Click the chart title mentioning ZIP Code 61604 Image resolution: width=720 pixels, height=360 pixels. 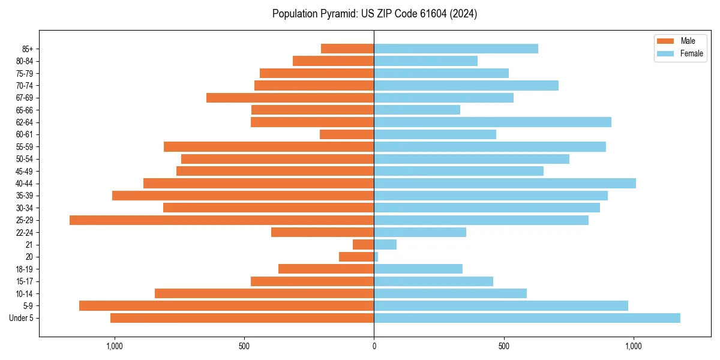pyautogui.click(x=374, y=14)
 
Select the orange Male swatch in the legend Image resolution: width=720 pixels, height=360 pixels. pyautogui.click(x=665, y=41)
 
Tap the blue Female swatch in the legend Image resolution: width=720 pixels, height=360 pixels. pyautogui.click(x=665, y=53)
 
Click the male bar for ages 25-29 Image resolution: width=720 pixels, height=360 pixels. pyautogui.click(x=221, y=220)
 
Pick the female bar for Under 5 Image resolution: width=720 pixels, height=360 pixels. pyautogui.click(x=527, y=318)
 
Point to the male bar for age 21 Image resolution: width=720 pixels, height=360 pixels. pyautogui.click(x=364, y=245)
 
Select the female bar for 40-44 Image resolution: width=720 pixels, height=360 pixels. pyautogui.click(x=505, y=184)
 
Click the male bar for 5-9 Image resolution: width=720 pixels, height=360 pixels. pyautogui.click(x=226, y=306)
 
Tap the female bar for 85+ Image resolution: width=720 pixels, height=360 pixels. pyautogui.click(x=456, y=49)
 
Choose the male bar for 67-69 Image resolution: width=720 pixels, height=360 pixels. pyautogui.click(x=290, y=98)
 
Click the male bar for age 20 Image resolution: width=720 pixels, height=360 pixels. pyautogui.click(x=356, y=257)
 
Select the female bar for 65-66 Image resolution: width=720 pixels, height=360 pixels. pyautogui.click(x=417, y=110)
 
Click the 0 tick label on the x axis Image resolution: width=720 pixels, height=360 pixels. pyautogui.click(x=374, y=346)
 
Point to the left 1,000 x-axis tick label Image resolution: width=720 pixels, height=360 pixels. pyautogui.click(x=114, y=346)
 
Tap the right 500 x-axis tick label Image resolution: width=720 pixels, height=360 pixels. pyautogui.click(x=504, y=346)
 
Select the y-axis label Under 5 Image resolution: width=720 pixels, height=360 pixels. pyautogui.click(x=21, y=318)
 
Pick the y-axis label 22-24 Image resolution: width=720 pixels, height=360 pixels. pyautogui.click(x=24, y=232)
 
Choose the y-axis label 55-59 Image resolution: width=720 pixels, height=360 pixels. pyautogui.click(x=24, y=147)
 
